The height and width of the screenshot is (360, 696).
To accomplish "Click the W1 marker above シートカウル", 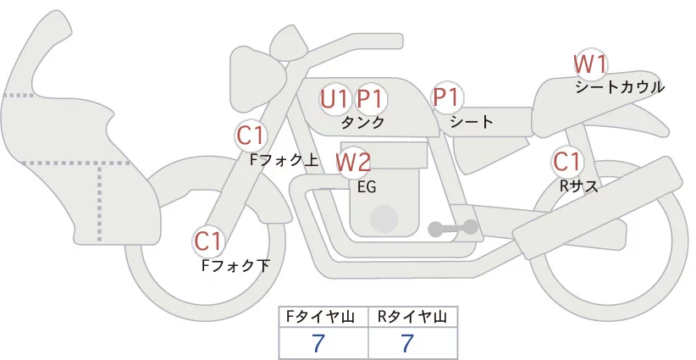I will click(x=590, y=64).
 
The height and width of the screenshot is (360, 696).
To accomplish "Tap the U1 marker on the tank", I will click(x=334, y=99).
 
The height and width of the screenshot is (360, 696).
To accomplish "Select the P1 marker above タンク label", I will click(x=370, y=99).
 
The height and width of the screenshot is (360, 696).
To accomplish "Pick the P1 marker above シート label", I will click(x=446, y=97).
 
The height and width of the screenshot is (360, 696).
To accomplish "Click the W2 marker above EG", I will click(x=353, y=161).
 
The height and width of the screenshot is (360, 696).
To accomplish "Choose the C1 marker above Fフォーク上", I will click(x=251, y=135).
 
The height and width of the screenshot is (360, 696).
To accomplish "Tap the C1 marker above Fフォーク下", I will click(x=208, y=241).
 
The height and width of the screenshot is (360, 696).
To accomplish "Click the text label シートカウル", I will click(x=619, y=86).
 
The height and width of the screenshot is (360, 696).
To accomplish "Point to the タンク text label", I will click(x=362, y=122).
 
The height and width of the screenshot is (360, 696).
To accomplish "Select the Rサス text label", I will click(x=578, y=186).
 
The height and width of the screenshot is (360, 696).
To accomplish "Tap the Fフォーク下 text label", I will click(x=235, y=266).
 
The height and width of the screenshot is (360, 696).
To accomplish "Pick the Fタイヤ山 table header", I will click(x=323, y=318).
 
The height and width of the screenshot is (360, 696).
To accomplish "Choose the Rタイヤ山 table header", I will click(x=412, y=318).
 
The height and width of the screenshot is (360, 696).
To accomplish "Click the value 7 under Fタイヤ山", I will click(x=318, y=343).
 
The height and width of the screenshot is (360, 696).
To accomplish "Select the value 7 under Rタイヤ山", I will click(x=408, y=343).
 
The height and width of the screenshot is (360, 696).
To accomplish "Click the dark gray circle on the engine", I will click(x=385, y=218).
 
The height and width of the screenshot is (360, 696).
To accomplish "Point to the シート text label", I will click(x=472, y=122).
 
